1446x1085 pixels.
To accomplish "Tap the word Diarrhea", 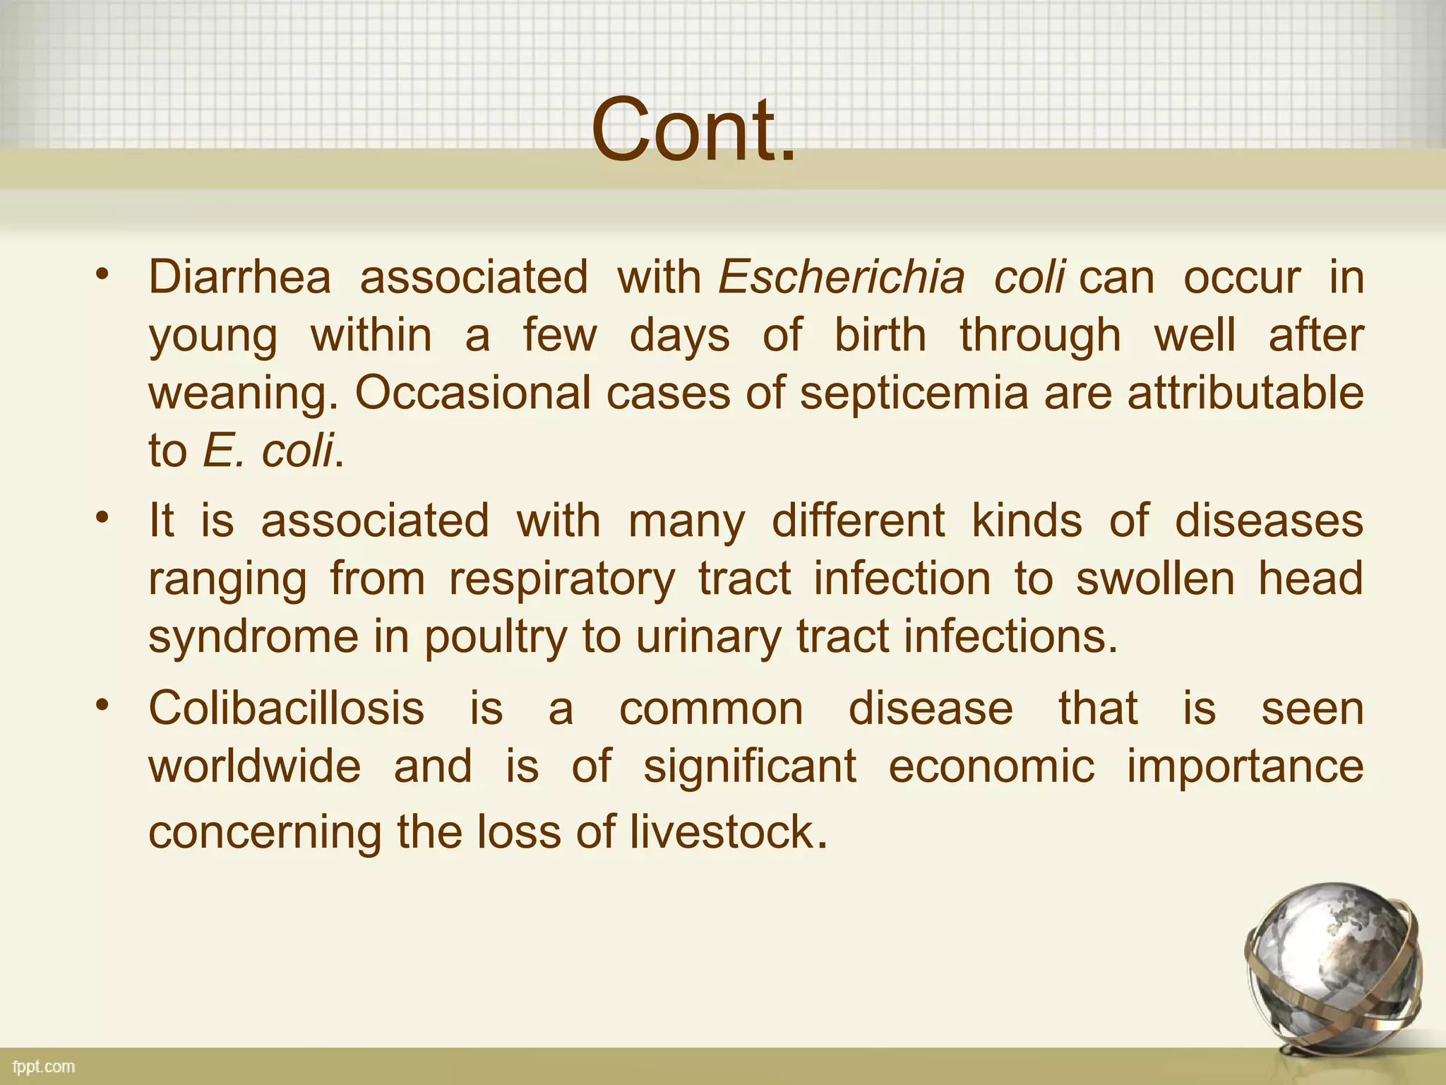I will (239, 277).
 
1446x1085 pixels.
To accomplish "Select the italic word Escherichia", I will (841, 277).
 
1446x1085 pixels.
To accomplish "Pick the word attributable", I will (1245, 393).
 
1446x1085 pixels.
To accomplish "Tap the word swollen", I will (1155, 579).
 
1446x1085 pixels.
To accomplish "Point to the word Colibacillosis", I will (286, 708).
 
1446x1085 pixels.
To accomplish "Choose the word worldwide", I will (254, 766).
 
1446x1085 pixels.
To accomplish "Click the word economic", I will (991, 766).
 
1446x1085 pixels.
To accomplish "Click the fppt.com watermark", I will (44, 1067).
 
